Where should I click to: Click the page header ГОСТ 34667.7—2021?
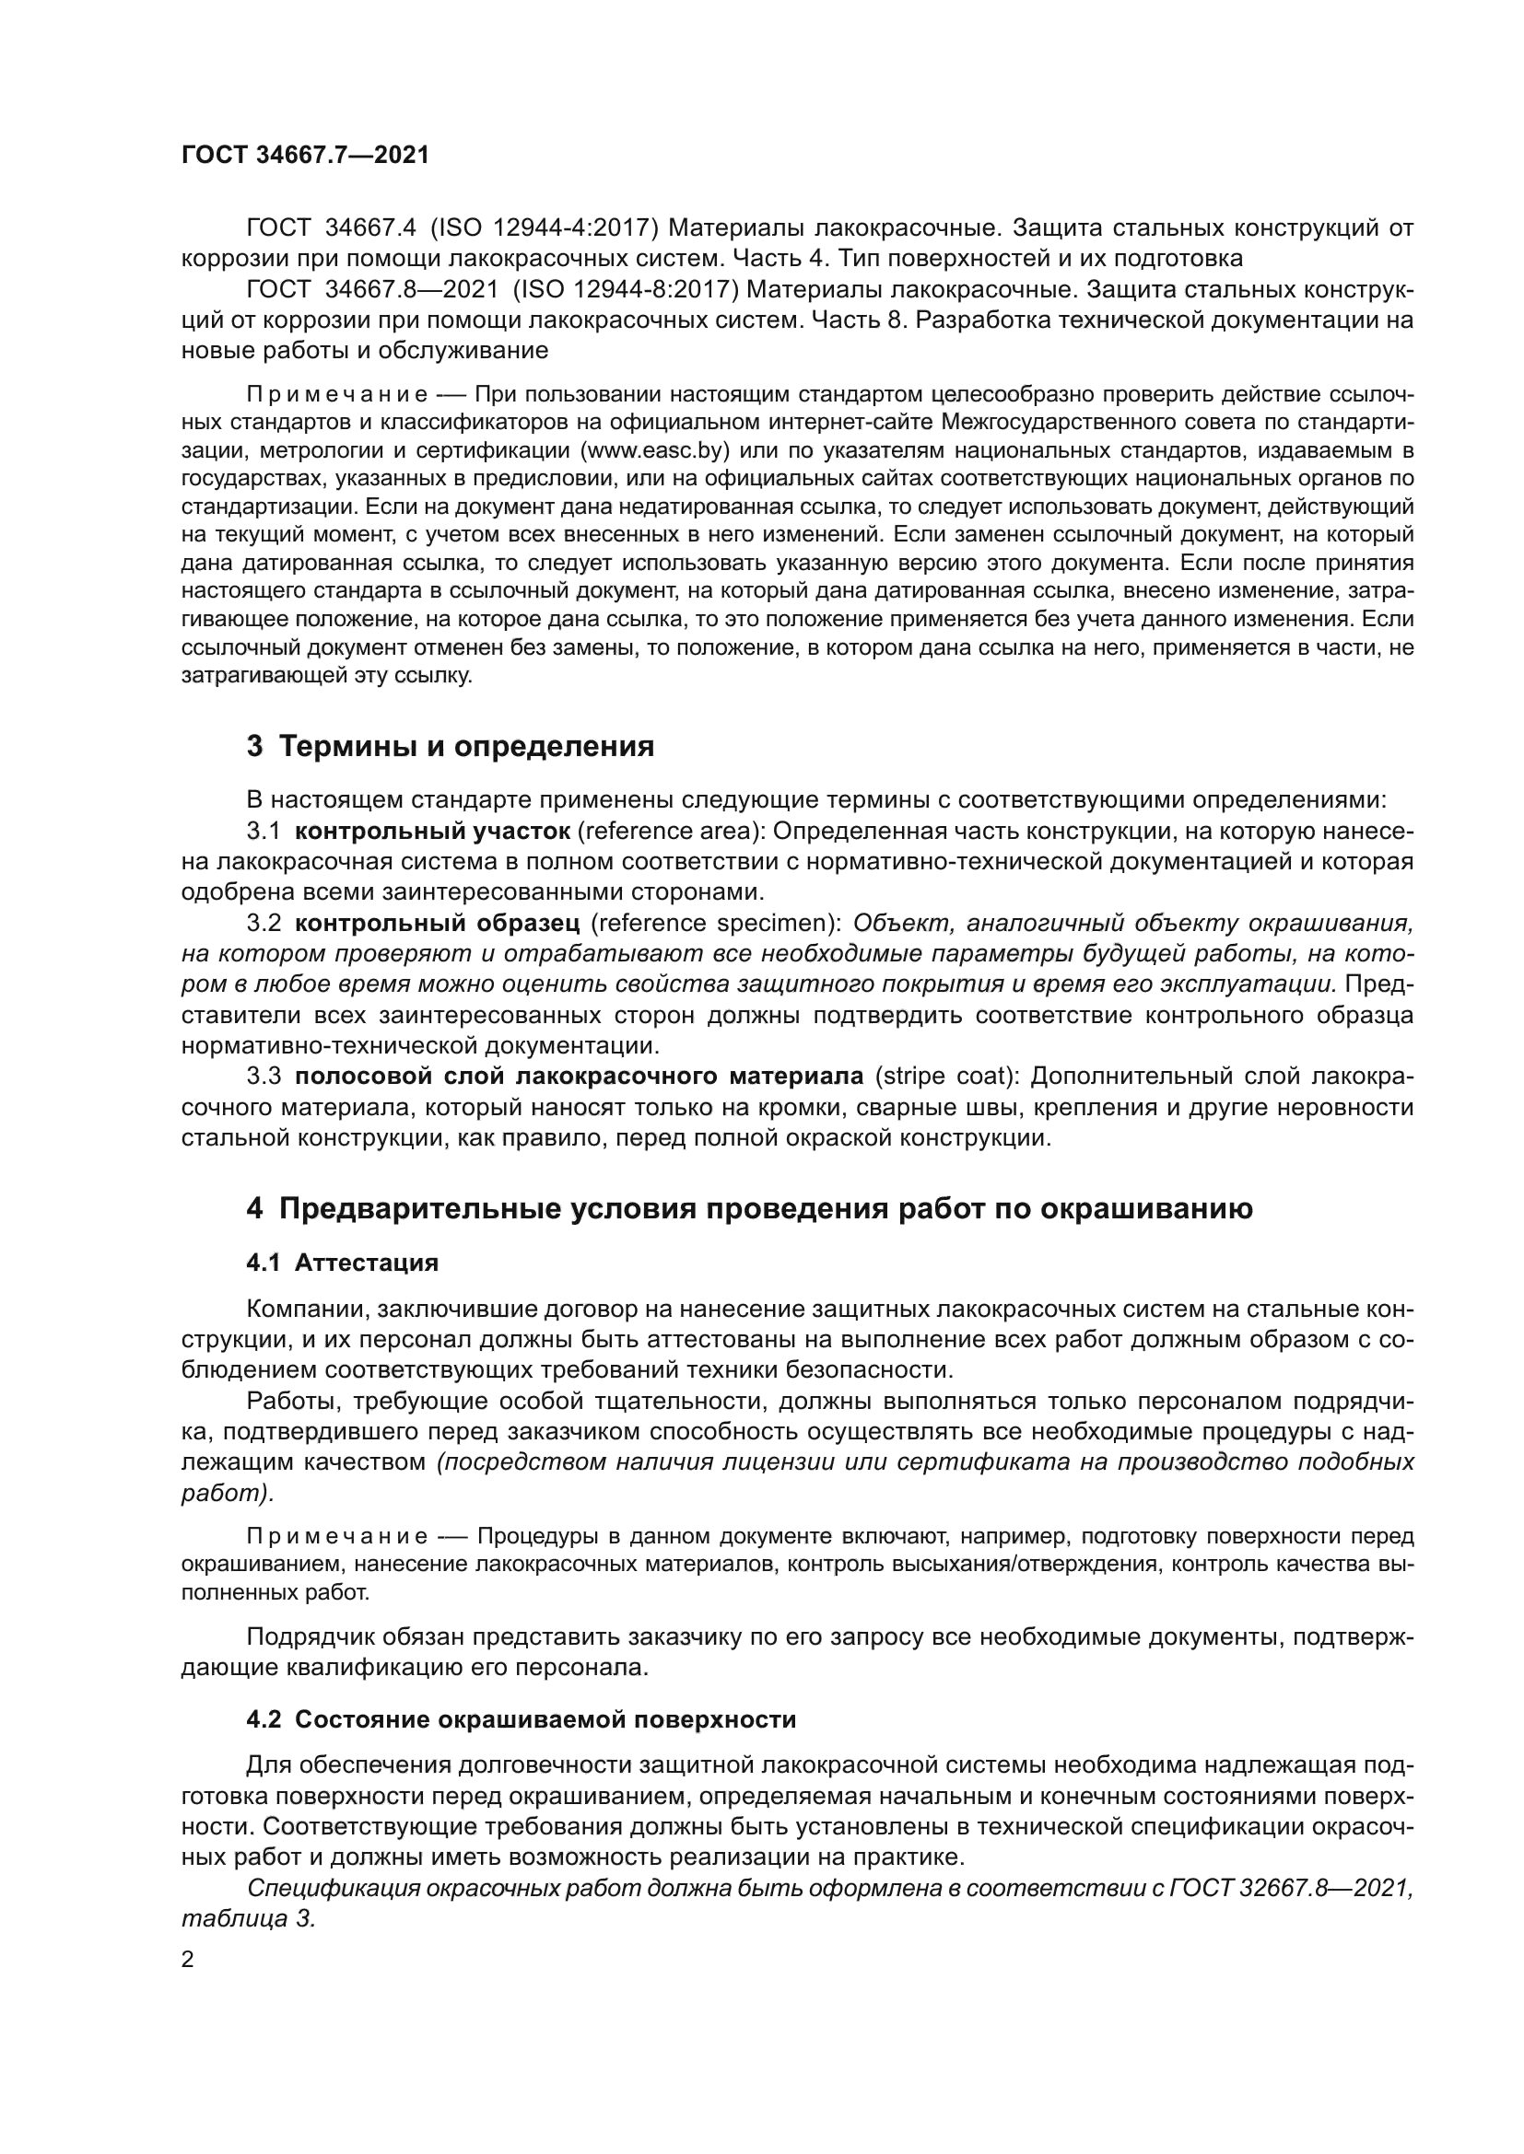305,156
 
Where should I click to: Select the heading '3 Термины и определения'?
451,747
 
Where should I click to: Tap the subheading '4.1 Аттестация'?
343,1262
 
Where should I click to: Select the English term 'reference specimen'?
716,923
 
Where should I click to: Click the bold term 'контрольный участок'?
433,832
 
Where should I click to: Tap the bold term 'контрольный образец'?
438,923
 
